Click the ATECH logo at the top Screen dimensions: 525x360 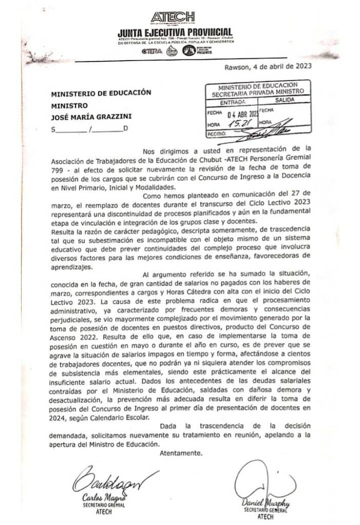pyautogui.click(x=173, y=17)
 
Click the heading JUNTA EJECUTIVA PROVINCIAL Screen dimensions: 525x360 pyautogui.click(x=175, y=33)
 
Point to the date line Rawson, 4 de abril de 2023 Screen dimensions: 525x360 pyautogui.click(x=268, y=67)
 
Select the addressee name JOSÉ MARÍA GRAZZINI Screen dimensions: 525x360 pyautogui.click(x=89, y=116)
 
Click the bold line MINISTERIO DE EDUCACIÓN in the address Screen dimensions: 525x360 pyautogui.click(x=101, y=93)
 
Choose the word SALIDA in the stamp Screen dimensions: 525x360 pyautogui.click(x=284, y=101)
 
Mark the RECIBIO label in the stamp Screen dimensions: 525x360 pyautogui.click(x=216, y=134)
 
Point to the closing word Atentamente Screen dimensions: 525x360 pyautogui.click(x=181, y=453)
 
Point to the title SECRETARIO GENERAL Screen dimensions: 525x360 pyautogui.click(x=265, y=511)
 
